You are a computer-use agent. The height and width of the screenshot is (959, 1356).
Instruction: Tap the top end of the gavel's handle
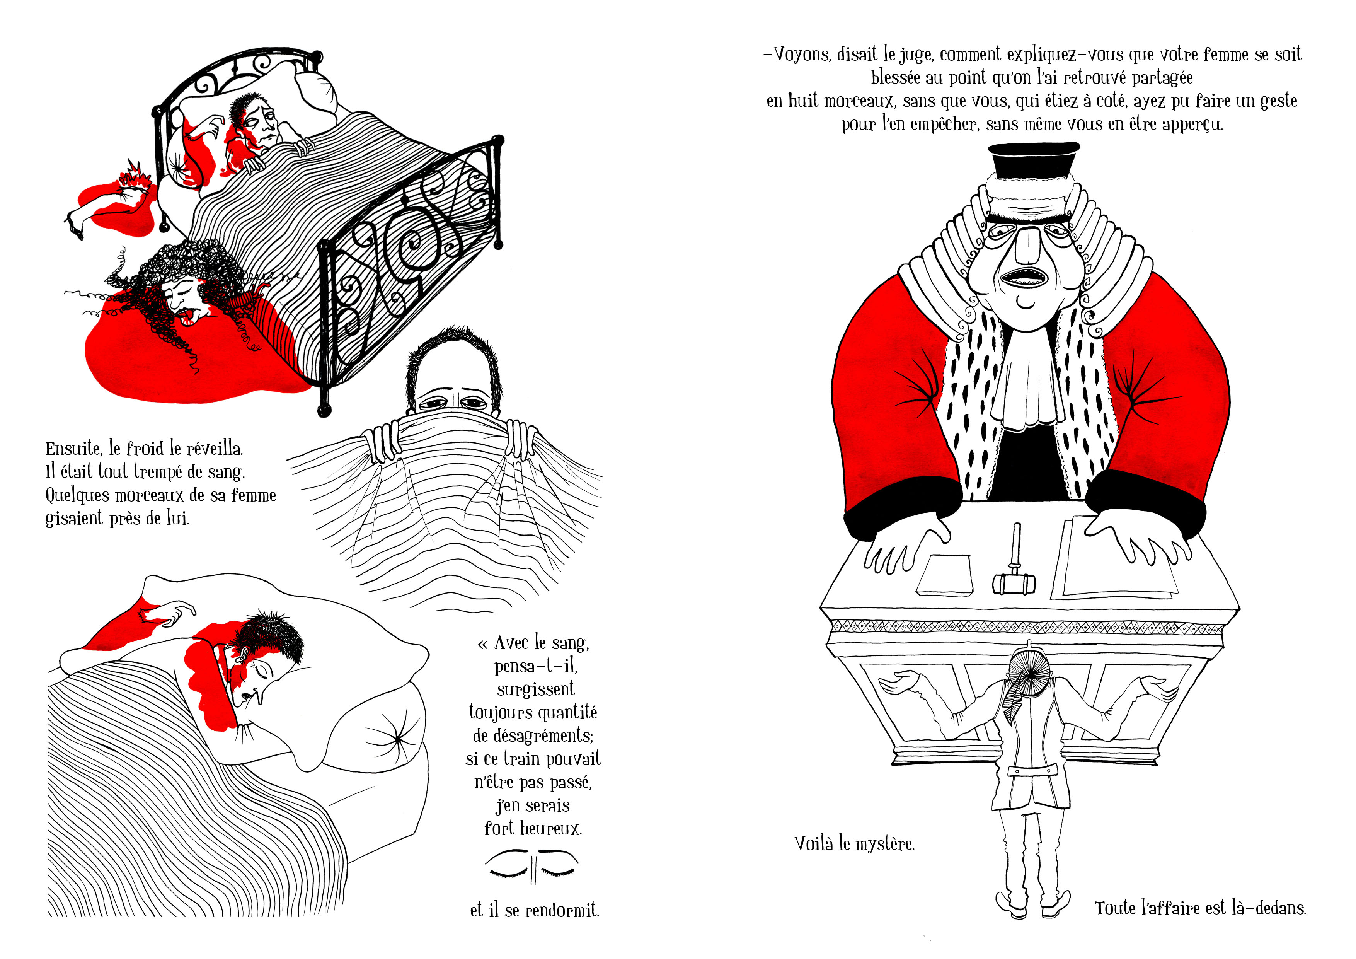[x=1017, y=525]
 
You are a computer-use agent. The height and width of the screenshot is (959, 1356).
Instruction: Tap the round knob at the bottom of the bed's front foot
[x=324, y=410]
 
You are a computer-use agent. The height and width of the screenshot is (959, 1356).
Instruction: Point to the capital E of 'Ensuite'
[x=51, y=449]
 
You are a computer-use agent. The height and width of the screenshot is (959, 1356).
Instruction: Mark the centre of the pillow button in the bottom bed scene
[x=398, y=739]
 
